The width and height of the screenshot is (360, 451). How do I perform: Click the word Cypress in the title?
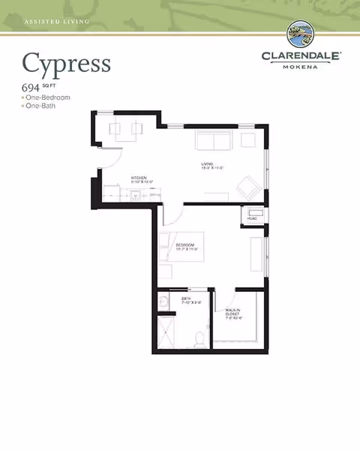tap(66, 63)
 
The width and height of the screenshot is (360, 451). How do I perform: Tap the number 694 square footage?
tap(32, 89)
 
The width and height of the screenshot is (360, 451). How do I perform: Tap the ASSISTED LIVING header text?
tap(57, 22)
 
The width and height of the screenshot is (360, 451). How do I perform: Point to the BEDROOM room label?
tap(185, 245)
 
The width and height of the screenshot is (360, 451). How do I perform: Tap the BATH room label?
tap(185, 299)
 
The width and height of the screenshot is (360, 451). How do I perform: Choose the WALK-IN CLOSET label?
tap(237, 312)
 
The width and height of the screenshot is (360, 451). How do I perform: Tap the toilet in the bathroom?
tap(200, 340)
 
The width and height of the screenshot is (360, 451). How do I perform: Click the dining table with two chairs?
tap(125, 129)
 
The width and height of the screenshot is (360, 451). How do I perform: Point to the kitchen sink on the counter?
tap(136, 196)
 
